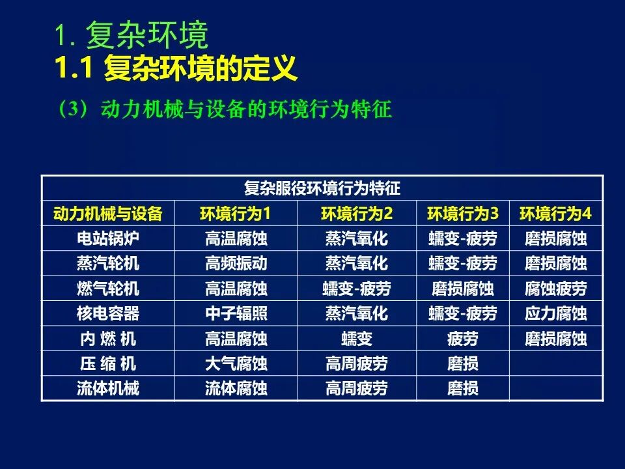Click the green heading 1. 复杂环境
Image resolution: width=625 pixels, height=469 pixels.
tap(131, 35)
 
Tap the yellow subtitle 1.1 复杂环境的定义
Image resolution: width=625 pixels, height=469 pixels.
tap(176, 68)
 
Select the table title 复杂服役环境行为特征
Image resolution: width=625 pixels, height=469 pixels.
tap(322, 188)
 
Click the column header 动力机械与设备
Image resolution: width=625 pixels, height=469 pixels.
tap(108, 214)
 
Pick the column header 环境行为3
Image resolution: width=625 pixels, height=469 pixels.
tap(463, 214)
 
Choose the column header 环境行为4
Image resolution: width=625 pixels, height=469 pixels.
tap(555, 214)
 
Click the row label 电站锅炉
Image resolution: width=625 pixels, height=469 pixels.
tap(108, 238)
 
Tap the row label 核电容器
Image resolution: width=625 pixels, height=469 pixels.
tap(108, 313)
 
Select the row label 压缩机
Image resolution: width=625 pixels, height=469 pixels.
tap(108, 363)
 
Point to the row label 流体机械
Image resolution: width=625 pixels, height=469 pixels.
tap(108, 388)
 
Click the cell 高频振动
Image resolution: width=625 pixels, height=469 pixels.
tap(236, 264)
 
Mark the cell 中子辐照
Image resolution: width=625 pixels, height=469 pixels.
tap(236, 313)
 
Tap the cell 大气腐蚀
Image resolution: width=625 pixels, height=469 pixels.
tap(236, 363)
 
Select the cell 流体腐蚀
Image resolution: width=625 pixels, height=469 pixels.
tap(236, 388)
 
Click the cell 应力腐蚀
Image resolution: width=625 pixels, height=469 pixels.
tap(555, 313)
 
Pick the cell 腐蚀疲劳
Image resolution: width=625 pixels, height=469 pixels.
tap(555, 289)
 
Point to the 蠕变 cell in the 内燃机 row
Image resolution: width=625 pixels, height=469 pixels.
tap(357, 339)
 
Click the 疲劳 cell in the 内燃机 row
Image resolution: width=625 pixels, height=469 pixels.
tap(463, 339)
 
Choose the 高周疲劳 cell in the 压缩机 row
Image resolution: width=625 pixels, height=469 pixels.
tap(357, 363)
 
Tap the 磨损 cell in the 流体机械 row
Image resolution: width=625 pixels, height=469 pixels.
tap(463, 388)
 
